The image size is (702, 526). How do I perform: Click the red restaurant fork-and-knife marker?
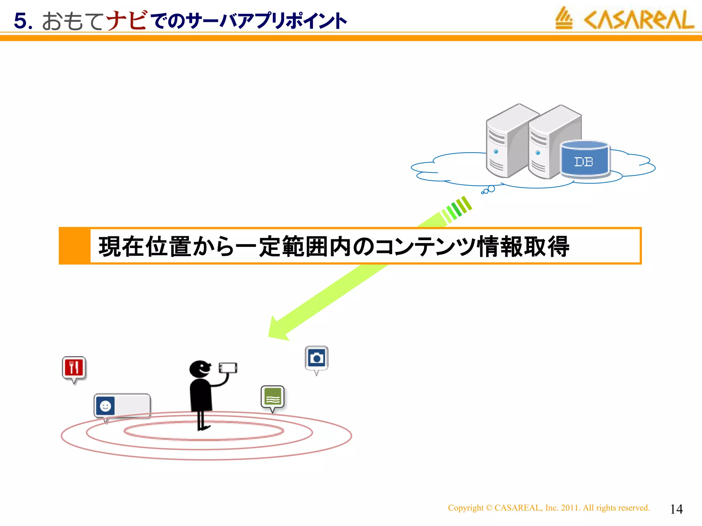74,368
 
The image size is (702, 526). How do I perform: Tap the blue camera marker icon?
316,358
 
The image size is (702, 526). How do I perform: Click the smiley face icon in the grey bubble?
105,406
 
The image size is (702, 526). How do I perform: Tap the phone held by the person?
228,368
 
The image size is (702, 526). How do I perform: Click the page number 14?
676,509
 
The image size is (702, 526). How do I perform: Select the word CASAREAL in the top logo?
639,20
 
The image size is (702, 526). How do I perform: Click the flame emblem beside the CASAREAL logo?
564,18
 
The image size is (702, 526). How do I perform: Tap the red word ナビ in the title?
127,21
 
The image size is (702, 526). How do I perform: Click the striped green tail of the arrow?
458,209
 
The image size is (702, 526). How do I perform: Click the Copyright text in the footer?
548,508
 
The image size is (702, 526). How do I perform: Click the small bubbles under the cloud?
488,190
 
